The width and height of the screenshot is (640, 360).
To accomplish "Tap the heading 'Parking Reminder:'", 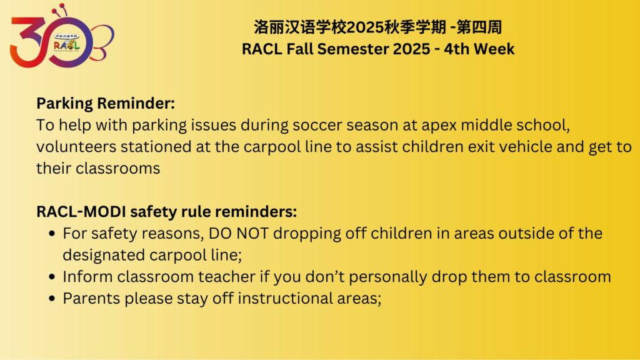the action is tap(105, 103).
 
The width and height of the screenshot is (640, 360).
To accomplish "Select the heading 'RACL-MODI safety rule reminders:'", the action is tap(166, 211).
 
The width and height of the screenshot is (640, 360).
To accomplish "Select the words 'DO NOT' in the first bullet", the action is tap(239, 234).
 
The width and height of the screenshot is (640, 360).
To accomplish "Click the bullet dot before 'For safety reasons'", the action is tap(52, 234).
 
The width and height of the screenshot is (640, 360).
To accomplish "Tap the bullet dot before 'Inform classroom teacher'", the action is tap(52, 277).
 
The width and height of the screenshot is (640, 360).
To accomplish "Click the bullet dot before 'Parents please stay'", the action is tap(52, 298).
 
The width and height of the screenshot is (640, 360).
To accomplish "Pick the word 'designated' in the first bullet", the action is tap(104, 256).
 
